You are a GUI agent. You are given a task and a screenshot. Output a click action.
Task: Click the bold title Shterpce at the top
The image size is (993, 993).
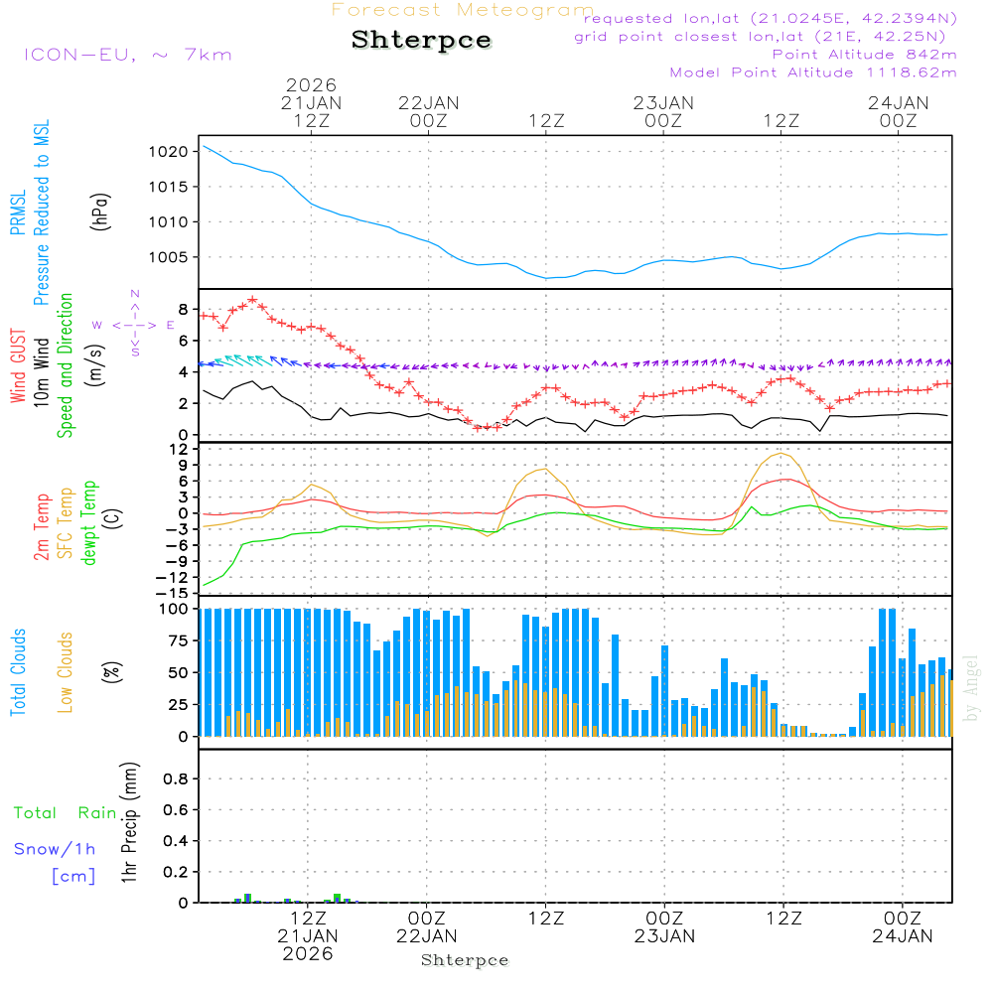[x=421, y=41]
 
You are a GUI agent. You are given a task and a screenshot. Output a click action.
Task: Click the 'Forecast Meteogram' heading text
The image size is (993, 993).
[x=463, y=10]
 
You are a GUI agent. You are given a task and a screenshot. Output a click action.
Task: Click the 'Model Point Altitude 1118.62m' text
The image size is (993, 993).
[x=813, y=72]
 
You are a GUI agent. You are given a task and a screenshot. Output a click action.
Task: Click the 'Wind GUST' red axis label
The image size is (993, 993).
[x=18, y=368]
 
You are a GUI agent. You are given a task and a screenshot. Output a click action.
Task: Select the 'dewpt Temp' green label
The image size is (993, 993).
[x=90, y=522]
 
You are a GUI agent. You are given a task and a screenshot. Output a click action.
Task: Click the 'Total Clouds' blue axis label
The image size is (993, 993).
[x=18, y=672]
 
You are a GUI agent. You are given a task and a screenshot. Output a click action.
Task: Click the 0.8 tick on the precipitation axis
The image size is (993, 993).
[x=176, y=779]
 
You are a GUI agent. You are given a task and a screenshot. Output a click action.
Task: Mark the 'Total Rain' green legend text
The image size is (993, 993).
[x=66, y=812]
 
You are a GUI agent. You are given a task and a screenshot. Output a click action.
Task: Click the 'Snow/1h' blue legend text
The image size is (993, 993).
[x=54, y=849]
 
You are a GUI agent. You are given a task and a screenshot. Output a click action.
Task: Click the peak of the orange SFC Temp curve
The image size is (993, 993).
[x=781, y=453]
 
